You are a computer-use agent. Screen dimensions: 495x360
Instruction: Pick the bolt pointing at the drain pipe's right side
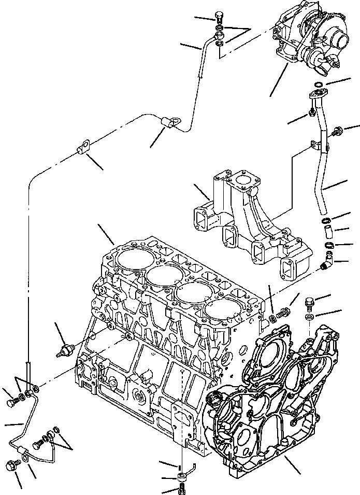click(337, 132)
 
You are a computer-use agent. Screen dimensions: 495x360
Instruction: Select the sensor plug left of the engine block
click(65, 348)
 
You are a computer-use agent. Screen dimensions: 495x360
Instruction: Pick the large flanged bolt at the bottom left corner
click(12, 466)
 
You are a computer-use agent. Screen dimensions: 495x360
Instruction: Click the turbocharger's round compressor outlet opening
click(342, 40)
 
